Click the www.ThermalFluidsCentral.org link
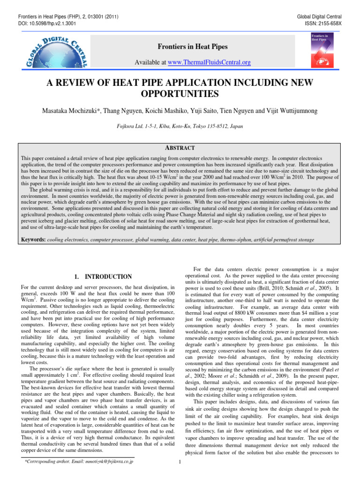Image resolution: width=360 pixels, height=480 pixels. (212, 62)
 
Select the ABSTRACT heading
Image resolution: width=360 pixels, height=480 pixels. (180, 147)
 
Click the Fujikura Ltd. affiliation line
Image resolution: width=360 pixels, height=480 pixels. (180, 126)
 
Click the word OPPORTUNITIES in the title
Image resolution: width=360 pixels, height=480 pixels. (180, 94)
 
